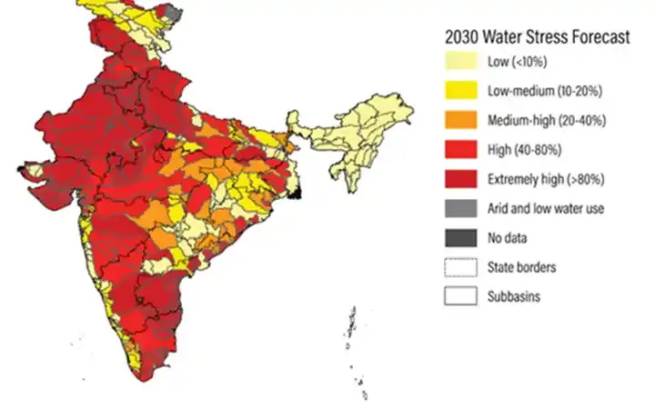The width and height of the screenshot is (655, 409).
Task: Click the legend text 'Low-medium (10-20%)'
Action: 544,91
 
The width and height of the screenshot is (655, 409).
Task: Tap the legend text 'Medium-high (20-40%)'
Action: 547,120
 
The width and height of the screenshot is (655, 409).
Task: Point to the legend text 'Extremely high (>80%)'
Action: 548,179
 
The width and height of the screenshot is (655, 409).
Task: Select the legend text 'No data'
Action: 509,238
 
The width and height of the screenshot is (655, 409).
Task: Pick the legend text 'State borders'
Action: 523,267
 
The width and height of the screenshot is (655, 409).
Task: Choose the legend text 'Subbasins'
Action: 516,296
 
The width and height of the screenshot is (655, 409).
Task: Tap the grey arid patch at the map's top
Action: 175,12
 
